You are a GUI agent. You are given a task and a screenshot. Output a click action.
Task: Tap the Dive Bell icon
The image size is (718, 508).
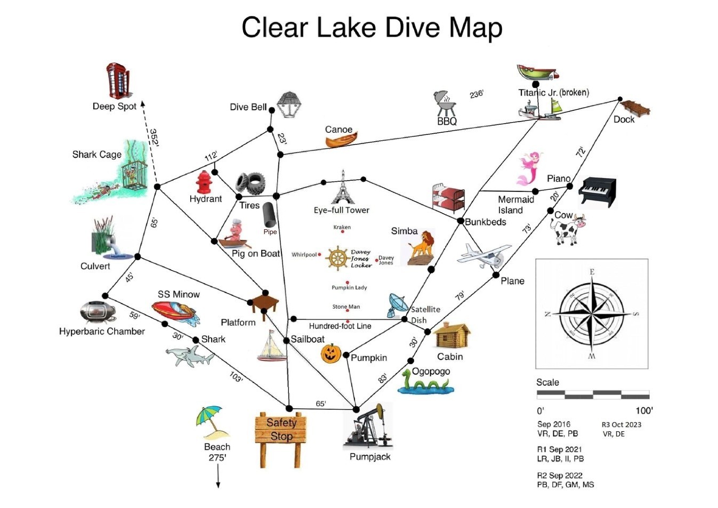coord(288,104)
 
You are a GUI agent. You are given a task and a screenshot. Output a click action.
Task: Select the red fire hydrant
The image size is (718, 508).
coord(204,182)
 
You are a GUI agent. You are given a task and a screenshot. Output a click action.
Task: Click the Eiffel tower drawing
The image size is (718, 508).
coord(343,189)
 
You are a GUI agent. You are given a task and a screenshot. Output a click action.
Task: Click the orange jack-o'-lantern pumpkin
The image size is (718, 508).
coord(331,353)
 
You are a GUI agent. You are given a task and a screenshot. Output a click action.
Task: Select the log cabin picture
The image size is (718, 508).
coord(451,336)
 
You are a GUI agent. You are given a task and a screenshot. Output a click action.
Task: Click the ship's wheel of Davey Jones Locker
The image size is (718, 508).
coord(337,259)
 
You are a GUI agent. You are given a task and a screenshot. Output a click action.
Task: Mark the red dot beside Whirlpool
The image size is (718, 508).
coord(320,254)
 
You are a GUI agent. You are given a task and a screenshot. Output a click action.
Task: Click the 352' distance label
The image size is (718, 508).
coord(154,138)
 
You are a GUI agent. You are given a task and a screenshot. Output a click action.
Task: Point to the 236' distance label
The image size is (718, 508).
coord(476,94)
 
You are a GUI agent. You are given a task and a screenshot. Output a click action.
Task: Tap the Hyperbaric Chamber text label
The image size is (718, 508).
coord(102,331)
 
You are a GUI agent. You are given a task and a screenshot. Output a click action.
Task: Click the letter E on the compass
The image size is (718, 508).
coord(592,272)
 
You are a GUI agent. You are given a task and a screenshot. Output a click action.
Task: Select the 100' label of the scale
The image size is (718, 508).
coord(643,410)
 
